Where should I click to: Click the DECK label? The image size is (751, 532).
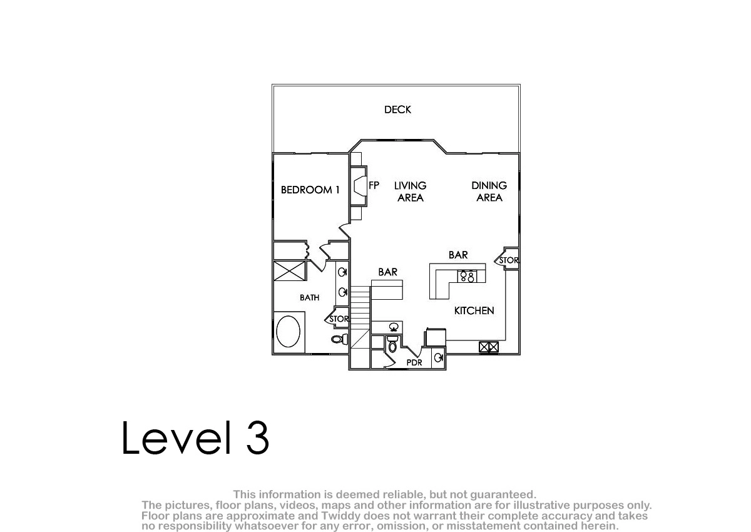tap(397, 110)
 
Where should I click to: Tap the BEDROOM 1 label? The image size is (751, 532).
tap(310, 190)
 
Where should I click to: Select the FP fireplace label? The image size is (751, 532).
tap(374, 185)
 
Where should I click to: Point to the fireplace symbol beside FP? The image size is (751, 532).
tap(359, 186)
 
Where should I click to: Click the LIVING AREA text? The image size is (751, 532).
tap(411, 192)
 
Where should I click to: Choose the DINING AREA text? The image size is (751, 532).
tap(489, 192)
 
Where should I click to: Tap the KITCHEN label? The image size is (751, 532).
tap(474, 311)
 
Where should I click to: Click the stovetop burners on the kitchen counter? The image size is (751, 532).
tap(467, 276)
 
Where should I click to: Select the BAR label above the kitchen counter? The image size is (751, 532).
tap(458, 255)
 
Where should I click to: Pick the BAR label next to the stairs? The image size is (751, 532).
tap(387, 272)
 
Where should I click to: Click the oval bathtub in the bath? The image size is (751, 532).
tap(288, 332)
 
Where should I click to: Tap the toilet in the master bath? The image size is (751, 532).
tap(340, 339)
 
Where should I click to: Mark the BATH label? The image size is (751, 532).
tap(309, 298)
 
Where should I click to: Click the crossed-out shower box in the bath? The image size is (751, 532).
tap(290, 271)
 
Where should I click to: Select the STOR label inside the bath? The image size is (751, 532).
tap(339, 319)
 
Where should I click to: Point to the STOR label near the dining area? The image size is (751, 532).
tap(509, 260)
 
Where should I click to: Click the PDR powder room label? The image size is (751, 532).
tap(414, 362)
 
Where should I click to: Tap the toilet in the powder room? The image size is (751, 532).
tap(392, 344)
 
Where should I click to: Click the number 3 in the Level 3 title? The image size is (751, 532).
tap(257, 437)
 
